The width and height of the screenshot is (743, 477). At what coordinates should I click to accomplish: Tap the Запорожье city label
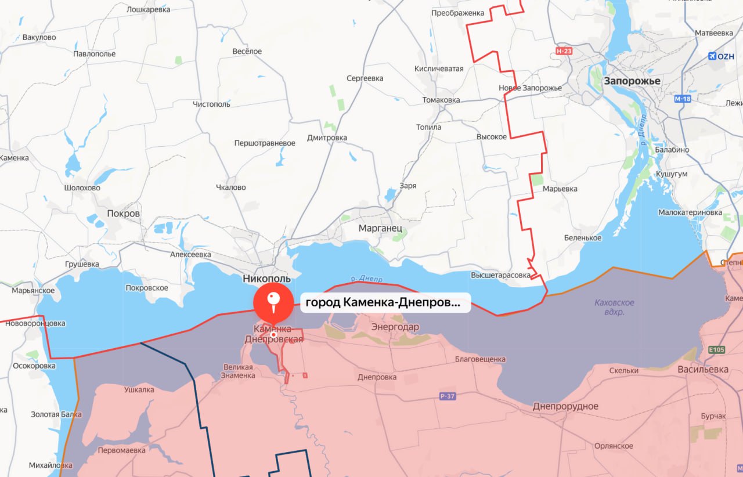(632, 81)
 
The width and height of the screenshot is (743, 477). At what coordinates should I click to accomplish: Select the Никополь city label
(266, 279)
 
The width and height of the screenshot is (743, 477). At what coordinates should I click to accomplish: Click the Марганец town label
(380, 228)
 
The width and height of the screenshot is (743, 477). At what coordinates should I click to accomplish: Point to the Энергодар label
(395, 327)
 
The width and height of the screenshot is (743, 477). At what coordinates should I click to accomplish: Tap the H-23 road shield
(564, 52)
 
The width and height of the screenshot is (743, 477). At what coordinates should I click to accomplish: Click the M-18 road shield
(683, 99)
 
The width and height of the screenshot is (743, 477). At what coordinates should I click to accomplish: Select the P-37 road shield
(447, 396)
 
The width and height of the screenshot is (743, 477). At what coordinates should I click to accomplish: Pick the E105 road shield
(717, 350)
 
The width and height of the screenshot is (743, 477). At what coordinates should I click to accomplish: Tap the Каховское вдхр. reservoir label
(614, 307)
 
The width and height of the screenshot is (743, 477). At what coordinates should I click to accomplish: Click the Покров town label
(124, 214)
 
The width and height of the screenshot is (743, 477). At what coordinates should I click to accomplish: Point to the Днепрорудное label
(565, 406)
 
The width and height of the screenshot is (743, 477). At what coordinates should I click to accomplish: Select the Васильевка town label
(703, 369)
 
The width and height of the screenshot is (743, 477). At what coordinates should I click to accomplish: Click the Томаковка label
(441, 100)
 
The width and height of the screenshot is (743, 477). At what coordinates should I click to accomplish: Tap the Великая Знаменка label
(237, 371)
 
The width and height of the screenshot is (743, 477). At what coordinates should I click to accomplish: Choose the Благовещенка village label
(479, 359)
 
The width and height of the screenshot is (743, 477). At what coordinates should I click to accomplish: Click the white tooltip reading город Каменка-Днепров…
(385, 302)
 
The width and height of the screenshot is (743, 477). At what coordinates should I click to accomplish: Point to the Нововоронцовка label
(36, 323)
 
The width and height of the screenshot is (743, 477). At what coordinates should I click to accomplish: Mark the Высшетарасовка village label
(501, 275)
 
